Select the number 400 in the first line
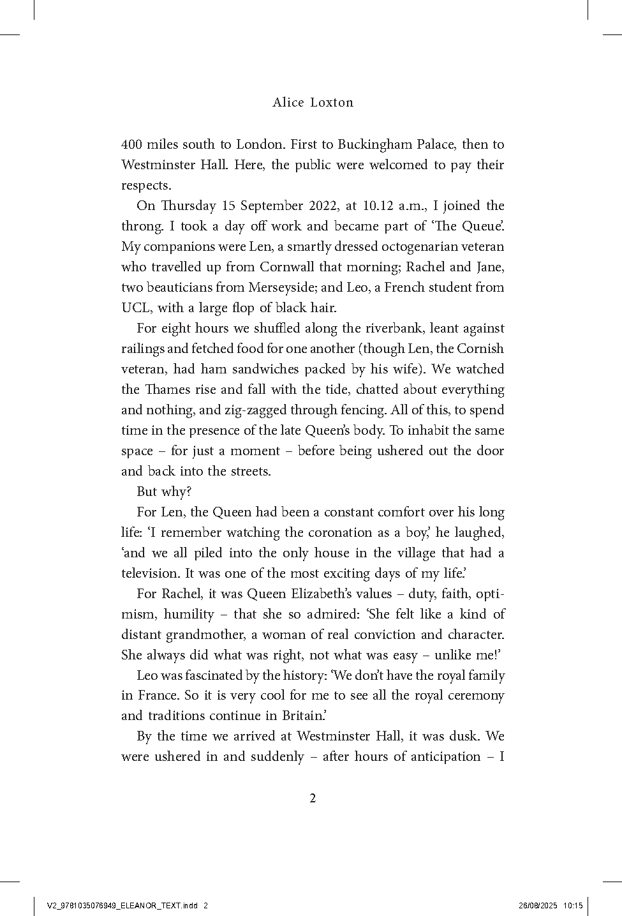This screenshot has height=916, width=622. (x=131, y=144)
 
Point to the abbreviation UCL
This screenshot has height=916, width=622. (x=135, y=308)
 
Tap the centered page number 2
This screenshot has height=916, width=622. (x=313, y=799)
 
